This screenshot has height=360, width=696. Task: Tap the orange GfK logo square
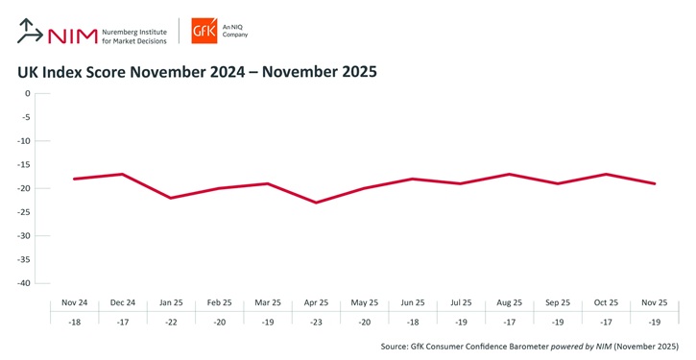(204, 31)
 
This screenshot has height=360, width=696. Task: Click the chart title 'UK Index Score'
(197, 72)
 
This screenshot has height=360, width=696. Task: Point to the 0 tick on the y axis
(28, 94)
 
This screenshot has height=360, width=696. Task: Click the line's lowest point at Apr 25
(316, 203)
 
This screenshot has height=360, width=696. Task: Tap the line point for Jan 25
(171, 198)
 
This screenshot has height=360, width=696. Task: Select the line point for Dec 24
(122, 174)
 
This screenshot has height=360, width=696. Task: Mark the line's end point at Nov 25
(656, 183)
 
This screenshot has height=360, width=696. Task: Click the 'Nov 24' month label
(74, 303)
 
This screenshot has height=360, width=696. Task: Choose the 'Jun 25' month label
(413, 303)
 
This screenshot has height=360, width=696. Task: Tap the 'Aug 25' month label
(510, 303)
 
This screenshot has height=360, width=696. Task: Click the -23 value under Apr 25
(316, 324)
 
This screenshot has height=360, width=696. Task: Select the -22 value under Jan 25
(171, 324)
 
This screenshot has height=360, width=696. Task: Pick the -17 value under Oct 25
(607, 324)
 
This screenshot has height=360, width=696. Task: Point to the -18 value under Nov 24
(74, 324)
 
